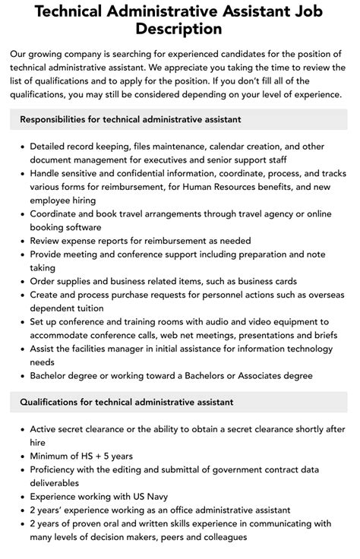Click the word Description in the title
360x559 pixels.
tap(179, 30)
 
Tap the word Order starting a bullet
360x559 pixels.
tap(44, 282)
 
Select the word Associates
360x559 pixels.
tap(267, 376)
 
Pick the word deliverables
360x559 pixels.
tap(55, 483)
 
